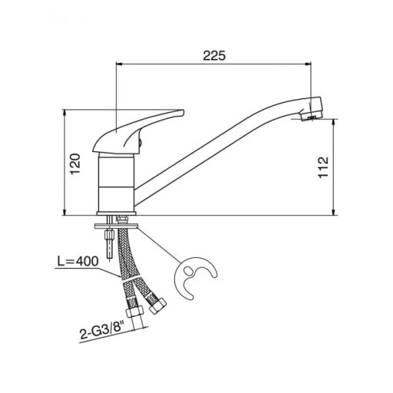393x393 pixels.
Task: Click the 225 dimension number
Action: [214, 55]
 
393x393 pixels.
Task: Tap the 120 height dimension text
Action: [75, 164]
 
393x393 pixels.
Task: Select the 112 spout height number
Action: [323, 167]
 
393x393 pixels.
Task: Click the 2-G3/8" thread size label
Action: [102, 330]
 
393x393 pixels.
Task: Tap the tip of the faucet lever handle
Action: [183, 112]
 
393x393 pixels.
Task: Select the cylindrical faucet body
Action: [117, 183]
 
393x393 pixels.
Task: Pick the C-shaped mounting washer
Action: [196, 278]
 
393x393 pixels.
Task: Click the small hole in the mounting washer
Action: [190, 270]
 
